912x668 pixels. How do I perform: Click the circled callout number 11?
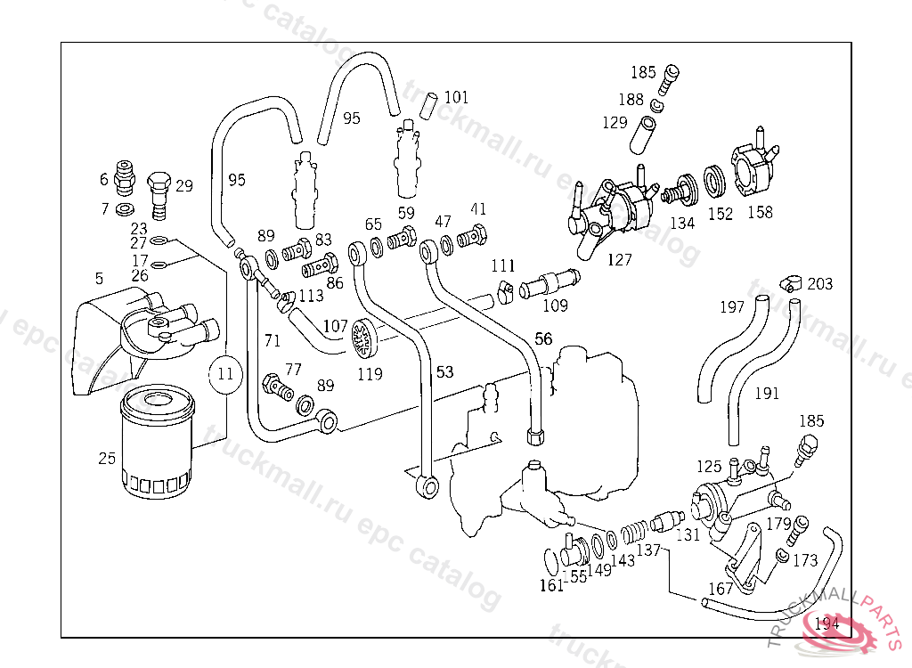pyautogui.click(x=225, y=374)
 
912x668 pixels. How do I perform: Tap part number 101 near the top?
pyautogui.click(x=456, y=97)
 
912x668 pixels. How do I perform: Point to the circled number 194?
pyautogui.click(x=826, y=623)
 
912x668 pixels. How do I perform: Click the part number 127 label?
pyautogui.click(x=619, y=259)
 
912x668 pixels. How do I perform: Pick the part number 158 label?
pyautogui.click(x=760, y=212)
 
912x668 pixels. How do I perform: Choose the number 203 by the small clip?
pyautogui.click(x=820, y=284)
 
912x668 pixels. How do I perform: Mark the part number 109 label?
pyautogui.click(x=555, y=306)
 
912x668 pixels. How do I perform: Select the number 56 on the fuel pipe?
pyautogui.click(x=543, y=338)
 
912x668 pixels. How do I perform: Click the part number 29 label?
pyautogui.click(x=183, y=186)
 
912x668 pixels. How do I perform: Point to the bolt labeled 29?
pyautogui.click(x=159, y=192)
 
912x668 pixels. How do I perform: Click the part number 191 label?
pyautogui.click(x=767, y=393)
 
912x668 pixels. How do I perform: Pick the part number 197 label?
pyautogui.click(x=732, y=308)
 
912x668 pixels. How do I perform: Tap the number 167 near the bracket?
pyautogui.click(x=720, y=589)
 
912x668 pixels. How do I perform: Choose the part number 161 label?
pyautogui.click(x=552, y=585)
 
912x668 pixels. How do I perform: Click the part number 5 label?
pyautogui.click(x=100, y=279)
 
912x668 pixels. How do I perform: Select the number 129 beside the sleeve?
pyautogui.click(x=615, y=123)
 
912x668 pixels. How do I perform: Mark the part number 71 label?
pyautogui.click(x=272, y=339)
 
